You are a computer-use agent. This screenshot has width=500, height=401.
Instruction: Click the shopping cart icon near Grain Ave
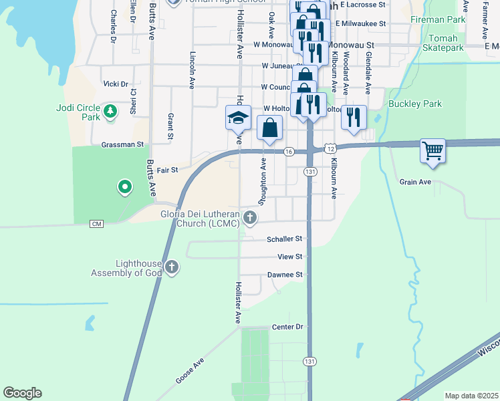tap(432, 150)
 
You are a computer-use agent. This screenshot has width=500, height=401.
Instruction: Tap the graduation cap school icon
tap(237, 118)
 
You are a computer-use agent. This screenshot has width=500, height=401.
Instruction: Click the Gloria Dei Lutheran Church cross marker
tap(249, 217)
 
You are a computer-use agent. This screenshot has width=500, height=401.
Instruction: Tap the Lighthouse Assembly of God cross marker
tap(172, 268)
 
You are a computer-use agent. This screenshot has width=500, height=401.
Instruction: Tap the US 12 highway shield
tap(330, 146)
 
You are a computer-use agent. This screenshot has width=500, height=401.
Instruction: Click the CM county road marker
tap(98, 223)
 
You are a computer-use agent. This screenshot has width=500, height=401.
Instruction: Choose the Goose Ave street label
tap(189, 370)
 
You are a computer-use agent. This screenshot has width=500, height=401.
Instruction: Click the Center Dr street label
tap(287, 327)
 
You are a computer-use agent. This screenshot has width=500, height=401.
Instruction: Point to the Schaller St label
tap(285, 239)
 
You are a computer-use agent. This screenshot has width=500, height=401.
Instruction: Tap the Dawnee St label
tap(285, 275)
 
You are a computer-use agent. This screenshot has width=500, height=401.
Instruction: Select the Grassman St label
tap(123, 144)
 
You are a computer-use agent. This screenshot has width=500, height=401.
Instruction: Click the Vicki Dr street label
tap(116, 84)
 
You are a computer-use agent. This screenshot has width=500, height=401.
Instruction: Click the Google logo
tap(22, 393)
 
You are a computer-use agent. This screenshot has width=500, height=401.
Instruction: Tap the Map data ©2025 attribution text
tap(471, 396)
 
